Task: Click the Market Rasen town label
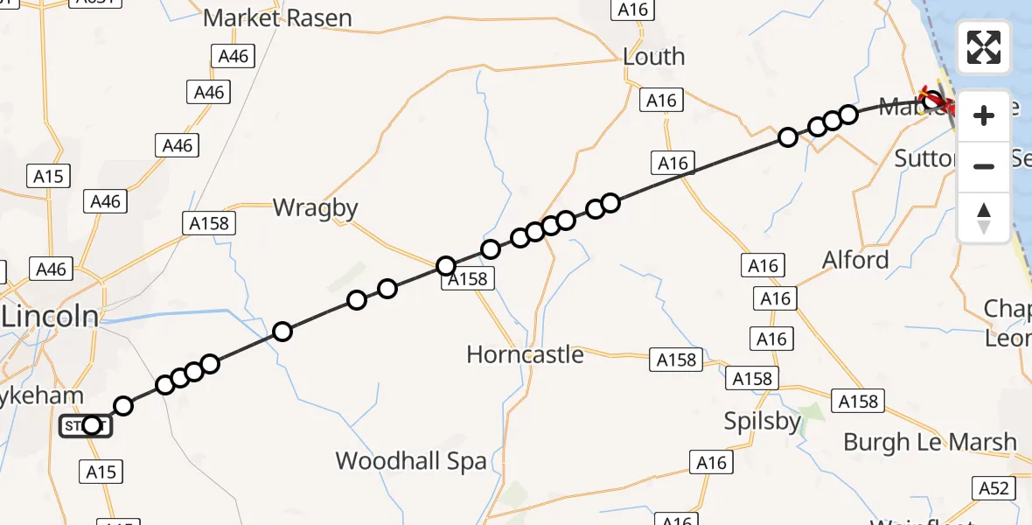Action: point(277,17)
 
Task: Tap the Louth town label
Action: point(653,57)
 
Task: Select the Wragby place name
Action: point(316,208)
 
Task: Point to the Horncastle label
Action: point(525,354)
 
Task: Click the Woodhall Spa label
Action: point(411,461)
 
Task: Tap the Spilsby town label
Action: point(763,422)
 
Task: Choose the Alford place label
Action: point(855,260)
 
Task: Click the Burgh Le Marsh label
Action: point(930,443)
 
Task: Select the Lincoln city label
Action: point(50,317)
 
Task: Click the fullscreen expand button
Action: point(984,47)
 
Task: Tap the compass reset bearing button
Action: point(984,218)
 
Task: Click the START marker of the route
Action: point(87,426)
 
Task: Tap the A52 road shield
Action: point(994,488)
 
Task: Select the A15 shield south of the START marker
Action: point(101,472)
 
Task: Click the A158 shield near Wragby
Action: point(209,224)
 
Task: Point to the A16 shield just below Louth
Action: point(661,101)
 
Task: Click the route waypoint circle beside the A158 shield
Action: point(446,266)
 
